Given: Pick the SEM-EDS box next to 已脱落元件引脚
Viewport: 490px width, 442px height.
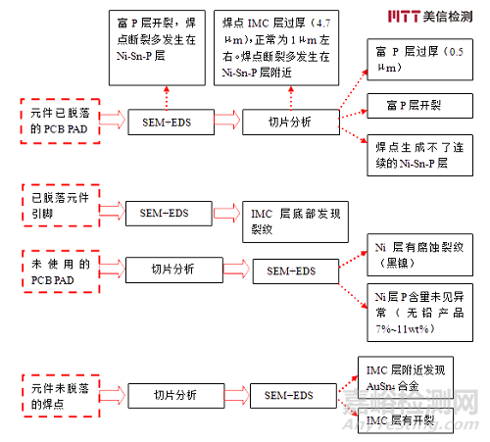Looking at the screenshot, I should pos(165,211).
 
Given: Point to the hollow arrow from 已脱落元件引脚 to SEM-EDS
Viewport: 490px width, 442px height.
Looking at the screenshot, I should pos(110,211).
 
